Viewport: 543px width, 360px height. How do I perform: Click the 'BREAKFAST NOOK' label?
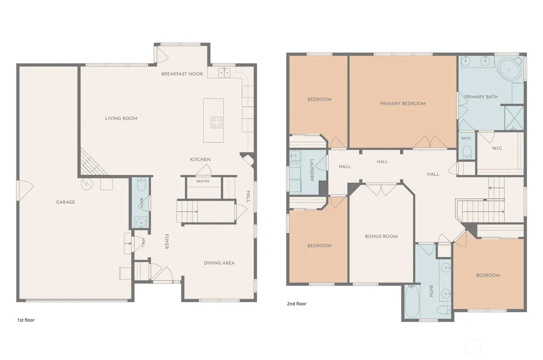click(182, 74)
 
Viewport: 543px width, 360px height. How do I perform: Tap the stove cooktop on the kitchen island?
click(217, 122)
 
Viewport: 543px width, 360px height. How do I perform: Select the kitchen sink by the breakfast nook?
click(224, 73)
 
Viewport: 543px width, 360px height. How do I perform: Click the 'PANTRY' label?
click(203, 181)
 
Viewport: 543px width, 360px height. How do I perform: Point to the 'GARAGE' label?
click(65, 202)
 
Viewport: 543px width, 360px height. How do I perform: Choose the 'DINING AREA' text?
click(219, 263)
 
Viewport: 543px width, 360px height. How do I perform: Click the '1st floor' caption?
click(26, 320)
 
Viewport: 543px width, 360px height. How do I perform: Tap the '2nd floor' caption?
click(296, 304)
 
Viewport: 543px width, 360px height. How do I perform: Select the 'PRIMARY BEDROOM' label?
click(403, 103)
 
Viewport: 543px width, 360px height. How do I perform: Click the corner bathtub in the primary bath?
click(509, 69)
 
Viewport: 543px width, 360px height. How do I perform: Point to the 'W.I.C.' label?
click(497, 148)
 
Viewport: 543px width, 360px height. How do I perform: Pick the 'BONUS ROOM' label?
click(381, 236)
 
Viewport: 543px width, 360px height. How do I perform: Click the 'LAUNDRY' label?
click(312, 170)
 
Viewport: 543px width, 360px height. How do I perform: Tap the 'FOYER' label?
click(167, 242)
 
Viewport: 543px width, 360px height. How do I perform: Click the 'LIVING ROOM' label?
click(121, 118)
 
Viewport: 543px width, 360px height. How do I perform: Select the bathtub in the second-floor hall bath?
click(411, 301)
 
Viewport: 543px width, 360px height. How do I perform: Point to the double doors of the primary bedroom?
click(430, 142)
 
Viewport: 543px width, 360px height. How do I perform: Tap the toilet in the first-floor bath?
click(142, 184)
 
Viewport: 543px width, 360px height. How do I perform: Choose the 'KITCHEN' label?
click(200, 160)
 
